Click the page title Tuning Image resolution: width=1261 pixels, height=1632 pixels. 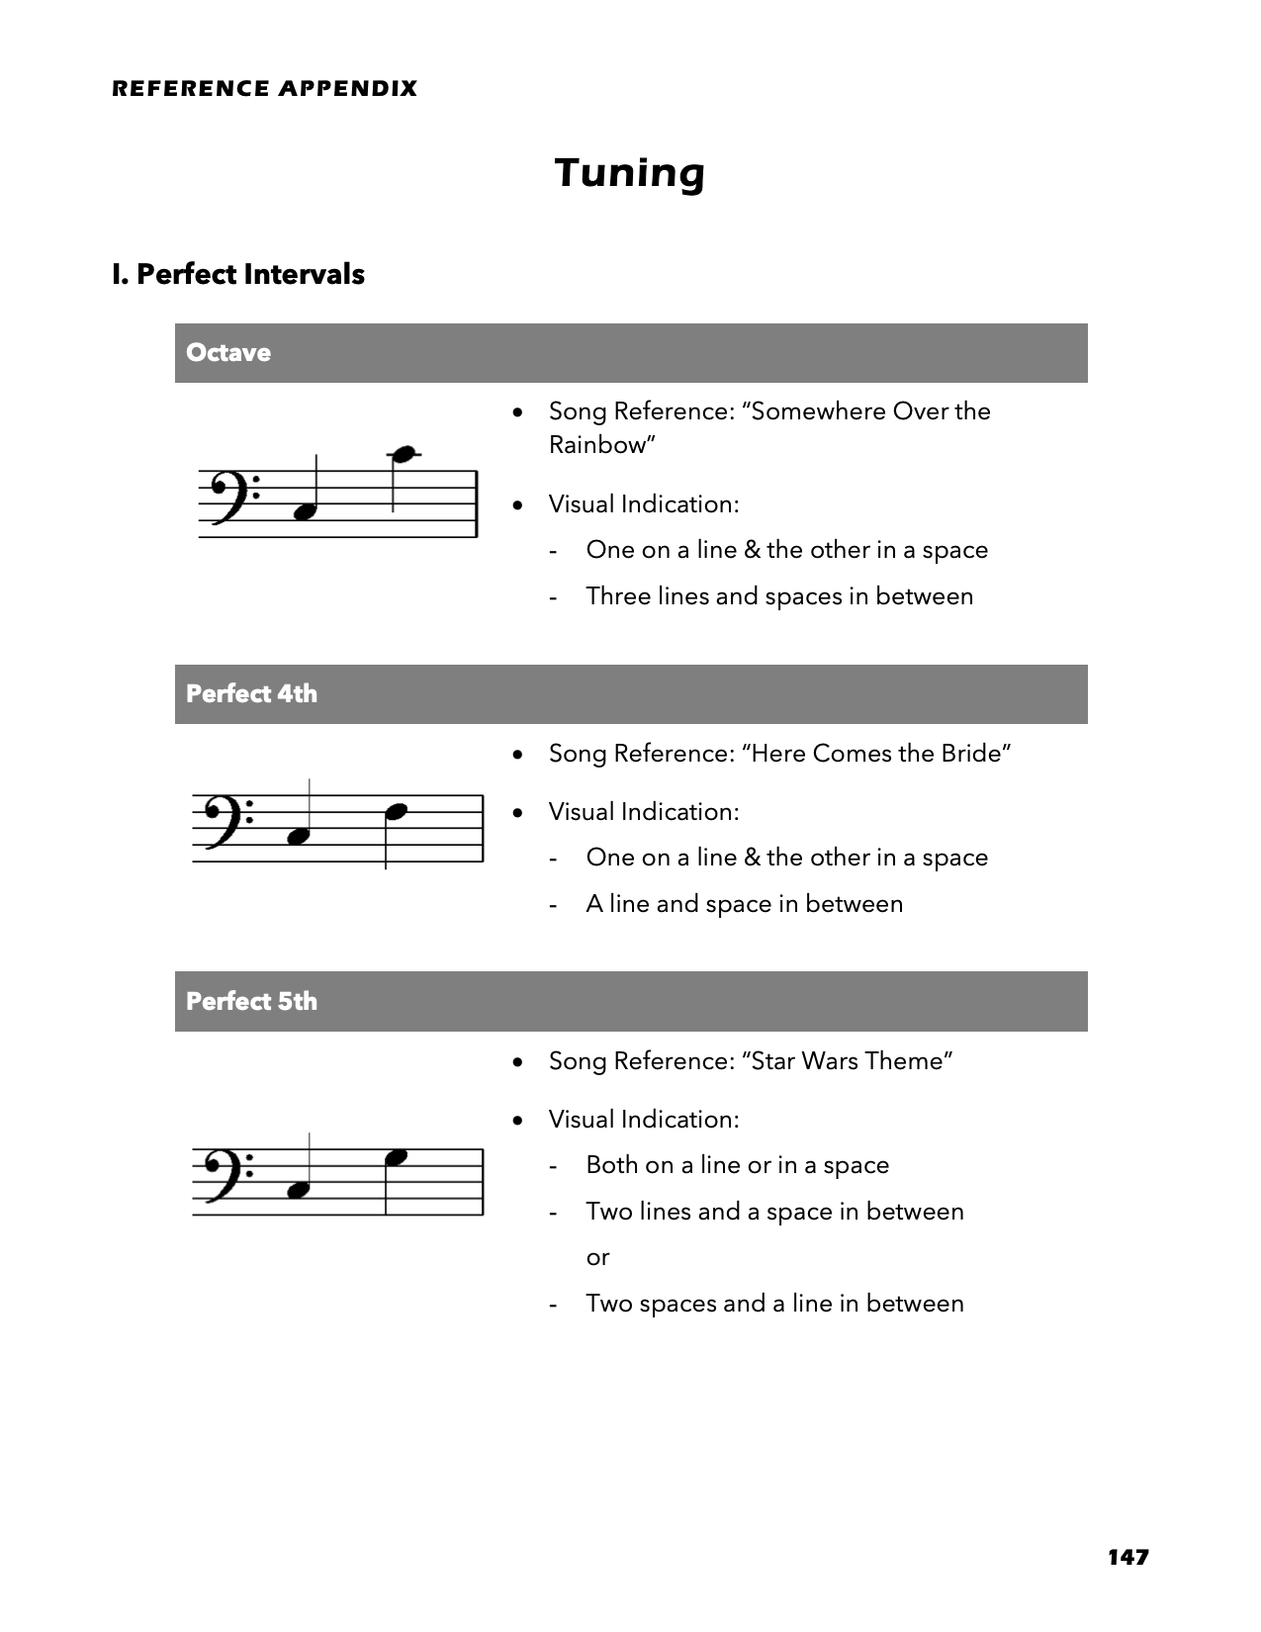(630, 173)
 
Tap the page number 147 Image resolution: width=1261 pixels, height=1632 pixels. (1127, 1557)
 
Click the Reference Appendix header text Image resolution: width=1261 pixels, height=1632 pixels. (264, 89)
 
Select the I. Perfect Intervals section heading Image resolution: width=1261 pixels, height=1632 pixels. (238, 274)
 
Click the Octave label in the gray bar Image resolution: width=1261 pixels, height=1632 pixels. (228, 353)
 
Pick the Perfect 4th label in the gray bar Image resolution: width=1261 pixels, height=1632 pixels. (251, 693)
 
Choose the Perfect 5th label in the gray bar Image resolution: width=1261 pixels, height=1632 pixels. (251, 1001)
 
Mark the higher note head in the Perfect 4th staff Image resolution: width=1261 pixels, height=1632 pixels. (396, 812)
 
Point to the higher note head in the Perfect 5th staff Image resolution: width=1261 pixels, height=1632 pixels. (396, 1156)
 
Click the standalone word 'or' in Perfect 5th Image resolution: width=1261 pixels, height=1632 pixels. (597, 1257)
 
